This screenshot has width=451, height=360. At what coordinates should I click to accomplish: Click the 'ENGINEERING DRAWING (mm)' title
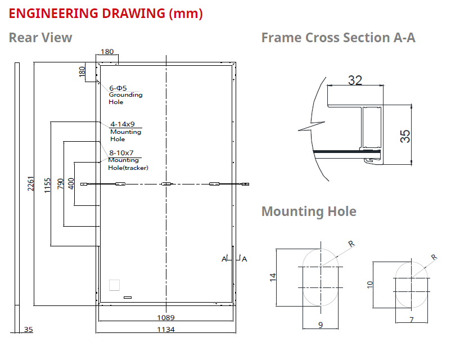click(x=106, y=13)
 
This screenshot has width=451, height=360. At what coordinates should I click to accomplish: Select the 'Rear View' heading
click(x=40, y=38)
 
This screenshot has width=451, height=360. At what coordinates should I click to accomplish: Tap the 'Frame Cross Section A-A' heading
click(x=338, y=38)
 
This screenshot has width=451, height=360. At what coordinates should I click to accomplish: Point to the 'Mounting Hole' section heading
click(x=309, y=211)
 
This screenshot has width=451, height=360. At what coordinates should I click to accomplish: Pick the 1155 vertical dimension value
click(x=47, y=184)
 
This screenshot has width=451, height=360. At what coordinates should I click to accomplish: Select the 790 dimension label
click(x=61, y=184)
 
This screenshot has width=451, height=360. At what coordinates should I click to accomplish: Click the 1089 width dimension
click(x=165, y=317)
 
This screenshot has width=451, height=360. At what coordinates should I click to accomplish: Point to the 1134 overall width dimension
click(x=165, y=329)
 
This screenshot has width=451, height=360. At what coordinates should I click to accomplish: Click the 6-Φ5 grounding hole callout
click(x=118, y=88)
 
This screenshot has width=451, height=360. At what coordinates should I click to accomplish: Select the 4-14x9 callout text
click(x=123, y=124)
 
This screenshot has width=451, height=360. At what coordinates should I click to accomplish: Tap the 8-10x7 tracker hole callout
click(x=121, y=152)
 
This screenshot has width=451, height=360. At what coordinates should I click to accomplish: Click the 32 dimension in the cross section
click(x=355, y=80)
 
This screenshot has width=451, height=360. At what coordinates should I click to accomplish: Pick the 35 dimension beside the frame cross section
click(x=405, y=136)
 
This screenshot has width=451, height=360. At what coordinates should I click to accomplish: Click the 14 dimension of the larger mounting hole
click(x=273, y=277)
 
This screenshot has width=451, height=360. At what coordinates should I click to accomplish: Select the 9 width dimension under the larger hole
click(x=321, y=325)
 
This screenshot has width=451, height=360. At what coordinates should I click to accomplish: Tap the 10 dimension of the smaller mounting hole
click(x=369, y=283)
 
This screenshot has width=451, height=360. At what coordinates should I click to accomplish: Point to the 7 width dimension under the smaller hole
click(x=411, y=319)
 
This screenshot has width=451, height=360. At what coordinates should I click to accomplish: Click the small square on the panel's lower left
click(x=115, y=285)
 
